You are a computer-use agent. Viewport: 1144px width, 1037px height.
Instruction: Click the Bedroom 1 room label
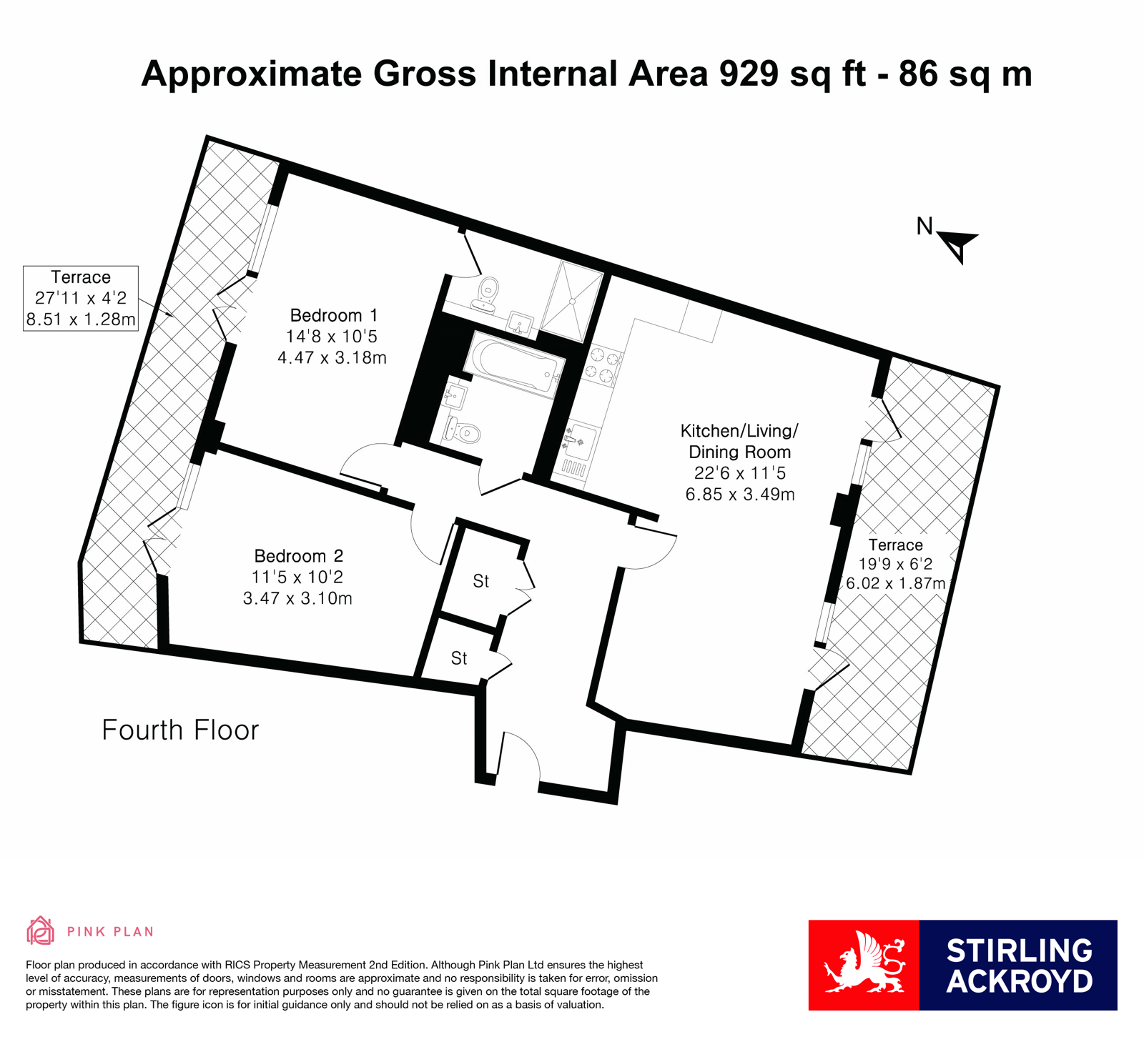333,315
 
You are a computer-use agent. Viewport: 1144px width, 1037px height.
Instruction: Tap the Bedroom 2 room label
298,556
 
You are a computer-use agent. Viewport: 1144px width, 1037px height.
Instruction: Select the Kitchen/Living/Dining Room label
739,442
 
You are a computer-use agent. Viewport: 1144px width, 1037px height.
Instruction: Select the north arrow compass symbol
957,245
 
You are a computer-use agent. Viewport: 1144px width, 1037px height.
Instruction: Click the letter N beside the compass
924,227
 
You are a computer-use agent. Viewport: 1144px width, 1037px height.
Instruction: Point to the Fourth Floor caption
180,730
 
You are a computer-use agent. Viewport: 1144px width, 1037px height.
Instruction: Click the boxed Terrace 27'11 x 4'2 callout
81,298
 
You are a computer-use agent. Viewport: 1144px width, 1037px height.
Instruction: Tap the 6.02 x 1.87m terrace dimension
896,583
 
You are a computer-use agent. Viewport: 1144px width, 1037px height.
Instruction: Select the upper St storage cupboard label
481,581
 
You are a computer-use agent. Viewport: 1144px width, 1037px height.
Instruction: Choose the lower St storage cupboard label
459,658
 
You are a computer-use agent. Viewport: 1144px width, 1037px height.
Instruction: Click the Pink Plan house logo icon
40,931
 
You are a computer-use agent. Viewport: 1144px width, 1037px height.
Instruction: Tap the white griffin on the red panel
864,963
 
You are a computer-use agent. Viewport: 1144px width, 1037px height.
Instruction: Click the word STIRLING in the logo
1020,951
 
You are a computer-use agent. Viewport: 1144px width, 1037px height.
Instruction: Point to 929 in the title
749,74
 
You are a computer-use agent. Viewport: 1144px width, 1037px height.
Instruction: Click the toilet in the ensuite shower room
488,294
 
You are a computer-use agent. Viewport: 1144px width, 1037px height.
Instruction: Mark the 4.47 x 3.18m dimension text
332,357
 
